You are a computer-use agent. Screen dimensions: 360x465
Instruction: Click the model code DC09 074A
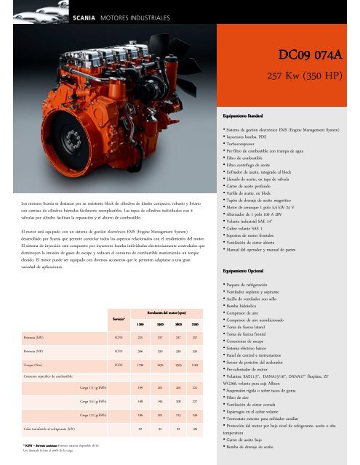pos(316,54)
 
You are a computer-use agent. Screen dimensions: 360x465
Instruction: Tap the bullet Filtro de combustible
pos(258,158)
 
